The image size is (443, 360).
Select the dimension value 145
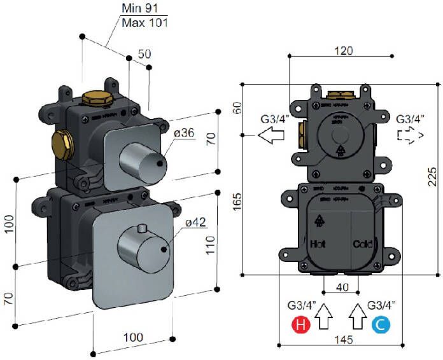(343, 340)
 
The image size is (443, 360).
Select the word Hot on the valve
(318, 244)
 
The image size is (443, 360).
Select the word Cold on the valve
(363, 244)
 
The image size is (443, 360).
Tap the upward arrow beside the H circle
(325, 316)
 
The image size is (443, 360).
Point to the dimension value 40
(342, 287)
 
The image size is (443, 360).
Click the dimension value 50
(144, 55)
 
